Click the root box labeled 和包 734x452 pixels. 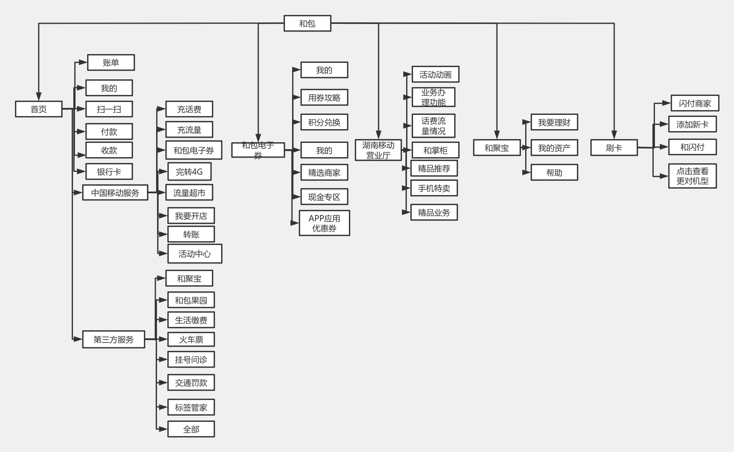click(x=307, y=23)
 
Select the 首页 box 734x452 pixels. click(x=39, y=109)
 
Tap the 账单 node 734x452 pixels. click(x=111, y=63)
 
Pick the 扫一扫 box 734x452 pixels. click(x=109, y=109)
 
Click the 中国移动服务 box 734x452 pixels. click(x=115, y=193)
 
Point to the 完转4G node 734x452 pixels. click(x=189, y=172)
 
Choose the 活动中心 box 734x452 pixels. click(x=195, y=254)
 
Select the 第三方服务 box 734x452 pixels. click(x=114, y=340)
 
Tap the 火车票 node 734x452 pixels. click(x=191, y=340)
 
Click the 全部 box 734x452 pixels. click(x=191, y=429)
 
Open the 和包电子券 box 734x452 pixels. click(x=258, y=150)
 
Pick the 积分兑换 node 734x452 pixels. click(x=324, y=122)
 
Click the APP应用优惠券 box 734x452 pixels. click(x=324, y=223)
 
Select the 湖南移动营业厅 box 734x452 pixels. click(x=378, y=150)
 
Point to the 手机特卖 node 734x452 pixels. click(x=434, y=188)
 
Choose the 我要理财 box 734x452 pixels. click(x=554, y=122)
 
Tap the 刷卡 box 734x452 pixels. click(x=614, y=148)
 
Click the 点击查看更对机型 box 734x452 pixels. click(x=692, y=176)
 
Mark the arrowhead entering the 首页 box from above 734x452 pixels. click(x=39, y=97)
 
